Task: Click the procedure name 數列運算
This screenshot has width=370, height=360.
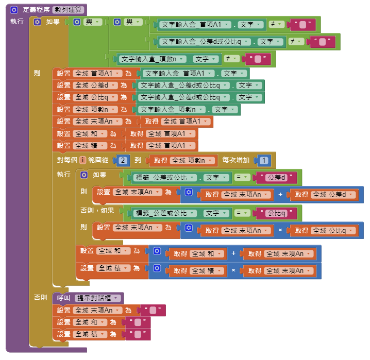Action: [68, 10]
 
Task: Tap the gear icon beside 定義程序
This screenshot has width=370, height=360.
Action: [14, 10]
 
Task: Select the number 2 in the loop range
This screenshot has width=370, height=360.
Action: [123, 160]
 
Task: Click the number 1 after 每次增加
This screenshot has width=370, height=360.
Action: [264, 160]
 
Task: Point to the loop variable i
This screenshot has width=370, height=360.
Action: [82, 160]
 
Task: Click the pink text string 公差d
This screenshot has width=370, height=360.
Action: [276, 177]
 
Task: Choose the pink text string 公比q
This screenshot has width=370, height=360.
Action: [276, 213]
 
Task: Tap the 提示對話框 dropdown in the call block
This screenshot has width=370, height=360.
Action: [97, 298]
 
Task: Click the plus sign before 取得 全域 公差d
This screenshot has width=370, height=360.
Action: [280, 195]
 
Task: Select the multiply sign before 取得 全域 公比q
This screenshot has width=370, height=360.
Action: [280, 230]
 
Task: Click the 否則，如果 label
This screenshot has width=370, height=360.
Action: [97, 210]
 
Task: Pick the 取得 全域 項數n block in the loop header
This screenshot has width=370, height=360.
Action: [182, 161]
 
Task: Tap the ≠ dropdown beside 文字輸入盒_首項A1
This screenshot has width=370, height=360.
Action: [276, 24]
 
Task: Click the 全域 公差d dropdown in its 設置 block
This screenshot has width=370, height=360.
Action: [95, 85]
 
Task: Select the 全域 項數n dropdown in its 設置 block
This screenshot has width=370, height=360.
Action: [95, 110]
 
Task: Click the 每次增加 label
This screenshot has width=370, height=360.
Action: [236, 160]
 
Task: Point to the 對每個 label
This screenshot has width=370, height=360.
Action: [67, 160]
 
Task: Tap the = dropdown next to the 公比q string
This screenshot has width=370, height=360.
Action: [242, 213]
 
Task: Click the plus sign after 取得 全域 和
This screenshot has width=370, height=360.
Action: [233, 253]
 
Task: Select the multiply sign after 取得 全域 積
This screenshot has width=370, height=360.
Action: [233, 270]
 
